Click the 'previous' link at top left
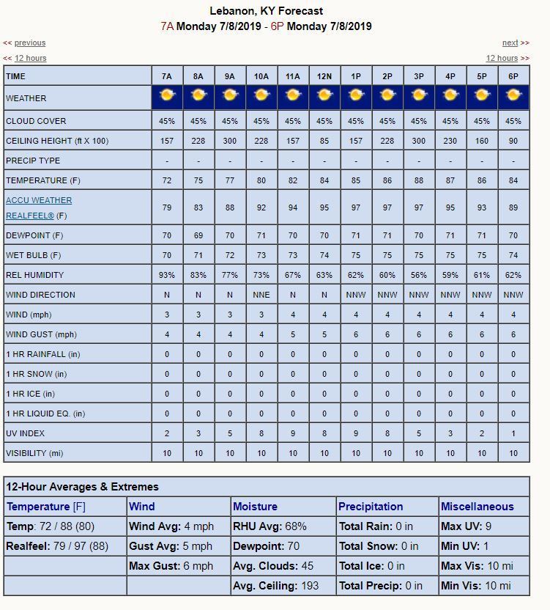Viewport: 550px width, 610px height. [x=30, y=43]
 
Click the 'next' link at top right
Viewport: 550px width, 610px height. [x=510, y=43]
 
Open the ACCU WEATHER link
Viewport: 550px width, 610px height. [x=39, y=200]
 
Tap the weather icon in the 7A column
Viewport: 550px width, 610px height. [x=167, y=95]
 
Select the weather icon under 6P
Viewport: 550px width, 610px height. [x=513, y=95]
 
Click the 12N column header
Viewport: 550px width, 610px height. [x=324, y=76]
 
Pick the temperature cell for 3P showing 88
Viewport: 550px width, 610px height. [x=419, y=180]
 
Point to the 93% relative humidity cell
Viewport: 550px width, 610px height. [x=167, y=275]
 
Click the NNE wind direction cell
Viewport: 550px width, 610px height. [x=261, y=295]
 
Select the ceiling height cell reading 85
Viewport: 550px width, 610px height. [x=324, y=141]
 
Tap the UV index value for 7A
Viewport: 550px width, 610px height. [x=167, y=433]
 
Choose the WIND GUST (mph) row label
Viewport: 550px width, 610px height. [x=41, y=334]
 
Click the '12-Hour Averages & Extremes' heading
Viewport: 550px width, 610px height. [x=82, y=487]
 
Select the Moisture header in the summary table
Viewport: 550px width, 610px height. [x=255, y=507]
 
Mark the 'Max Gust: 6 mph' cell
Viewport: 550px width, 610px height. [x=171, y=566]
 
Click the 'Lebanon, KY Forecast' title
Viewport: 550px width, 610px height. [x=266, y=11]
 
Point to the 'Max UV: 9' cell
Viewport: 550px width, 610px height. [x=467, y=526]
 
